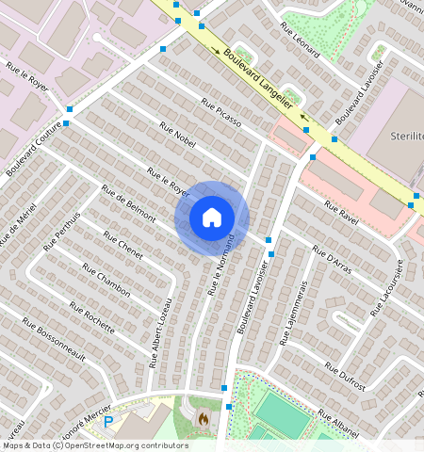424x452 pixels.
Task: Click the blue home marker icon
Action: coord(212,218)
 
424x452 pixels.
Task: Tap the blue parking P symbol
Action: coord(108,421)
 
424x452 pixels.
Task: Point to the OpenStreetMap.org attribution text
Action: coord(125,445)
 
